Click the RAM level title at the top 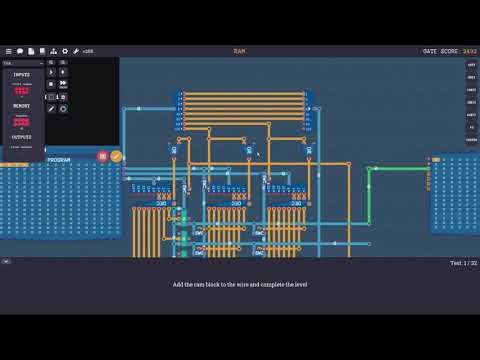point(240,50)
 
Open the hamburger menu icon point(9,50)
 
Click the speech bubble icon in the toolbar point(20,50)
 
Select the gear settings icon point(65,50)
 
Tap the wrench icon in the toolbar point(76,50)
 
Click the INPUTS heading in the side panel point(21,73)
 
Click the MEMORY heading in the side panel point(21,106)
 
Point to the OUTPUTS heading point(21,137)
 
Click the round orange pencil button point(115,157)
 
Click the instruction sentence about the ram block point(240,284)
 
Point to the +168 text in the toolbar point(88,50)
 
